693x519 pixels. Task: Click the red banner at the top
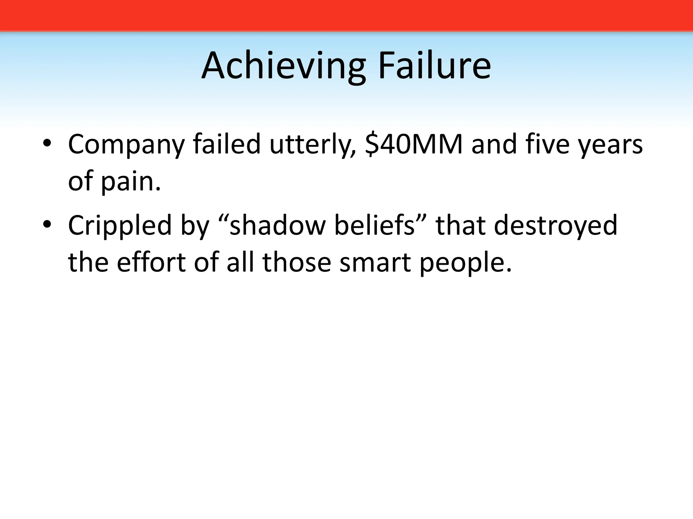(346, 15)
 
